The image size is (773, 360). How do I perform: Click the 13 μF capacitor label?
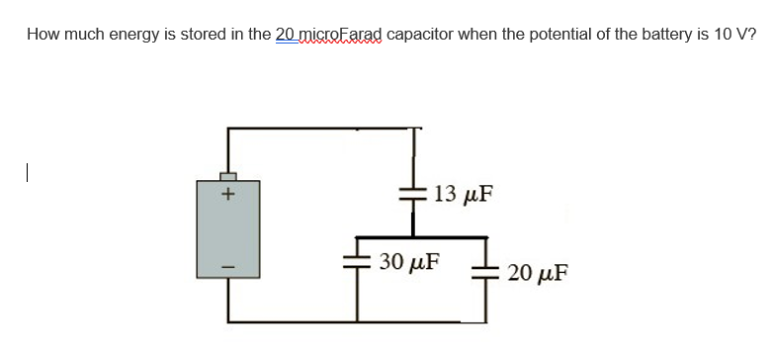463,193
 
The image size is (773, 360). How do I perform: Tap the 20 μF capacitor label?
536,273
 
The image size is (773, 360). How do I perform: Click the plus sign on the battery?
226,195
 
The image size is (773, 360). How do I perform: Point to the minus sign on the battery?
226,264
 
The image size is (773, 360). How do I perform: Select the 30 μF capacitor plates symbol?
355,263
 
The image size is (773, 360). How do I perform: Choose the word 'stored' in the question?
198,35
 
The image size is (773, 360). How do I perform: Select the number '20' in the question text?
286,35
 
